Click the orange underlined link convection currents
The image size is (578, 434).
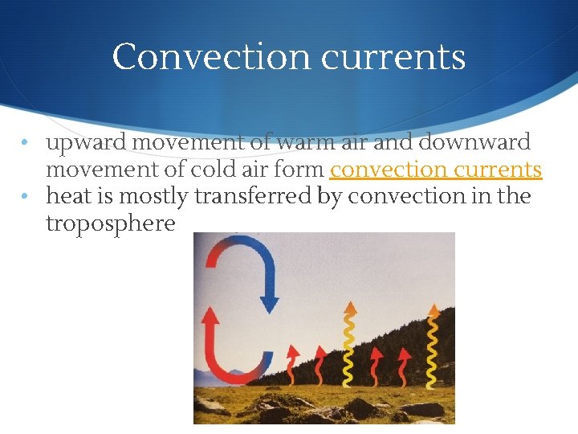point(436,170)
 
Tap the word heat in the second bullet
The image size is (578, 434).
point(68,196)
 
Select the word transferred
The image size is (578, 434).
point(257,196)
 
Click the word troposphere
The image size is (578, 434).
point(111,223)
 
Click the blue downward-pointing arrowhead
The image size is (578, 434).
point(269,305)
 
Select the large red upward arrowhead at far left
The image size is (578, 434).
point(211,316)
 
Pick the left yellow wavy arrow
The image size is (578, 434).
point(349,346)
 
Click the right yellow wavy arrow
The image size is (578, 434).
point(433,346)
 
